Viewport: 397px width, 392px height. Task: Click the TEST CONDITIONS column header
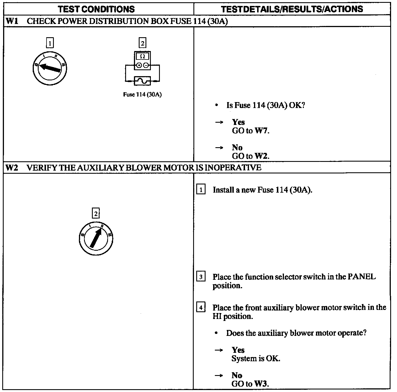[96, 9]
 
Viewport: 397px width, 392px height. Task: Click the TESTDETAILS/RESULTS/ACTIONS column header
[292, 9]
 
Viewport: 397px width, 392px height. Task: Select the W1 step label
[12, 21]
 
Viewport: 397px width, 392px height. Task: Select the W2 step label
[12, 168]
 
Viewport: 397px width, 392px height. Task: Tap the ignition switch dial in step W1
[50, 69]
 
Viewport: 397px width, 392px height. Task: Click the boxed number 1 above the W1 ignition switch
[50, 43]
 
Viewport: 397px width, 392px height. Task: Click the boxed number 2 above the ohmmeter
[142, 43]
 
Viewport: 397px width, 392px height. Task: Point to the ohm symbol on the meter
[142, 56]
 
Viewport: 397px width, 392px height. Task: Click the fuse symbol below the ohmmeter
[142, 81]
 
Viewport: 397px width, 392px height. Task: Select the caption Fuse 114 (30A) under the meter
[142, 94]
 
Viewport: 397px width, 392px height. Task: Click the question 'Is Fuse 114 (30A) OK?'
[266, 105]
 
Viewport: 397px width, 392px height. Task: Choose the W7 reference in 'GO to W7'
[261, 131]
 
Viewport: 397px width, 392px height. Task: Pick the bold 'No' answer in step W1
[237, 147]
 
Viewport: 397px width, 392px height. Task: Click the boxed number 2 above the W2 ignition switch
[96, 213]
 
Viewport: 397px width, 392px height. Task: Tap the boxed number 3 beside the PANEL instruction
[200, 277]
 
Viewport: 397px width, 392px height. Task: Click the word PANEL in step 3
[362, 277]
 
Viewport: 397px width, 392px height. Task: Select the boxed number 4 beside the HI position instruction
[200, 307]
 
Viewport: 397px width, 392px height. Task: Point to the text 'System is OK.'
[256, 359]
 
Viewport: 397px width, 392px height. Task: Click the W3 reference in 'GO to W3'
[261, 384]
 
